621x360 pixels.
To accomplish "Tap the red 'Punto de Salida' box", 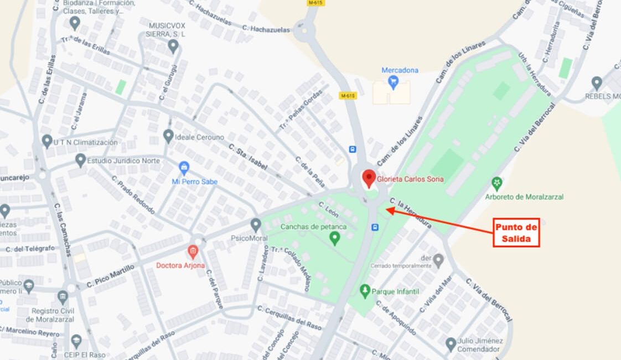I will click(516, 233).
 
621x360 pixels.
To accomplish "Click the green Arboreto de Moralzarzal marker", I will click(497, 183).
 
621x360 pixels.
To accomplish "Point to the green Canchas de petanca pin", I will click(334, 238).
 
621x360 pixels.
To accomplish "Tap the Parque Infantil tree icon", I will click(364, 290).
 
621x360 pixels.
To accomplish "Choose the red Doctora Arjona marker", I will click(193, 251).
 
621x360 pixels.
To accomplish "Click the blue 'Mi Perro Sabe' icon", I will click(184, 167).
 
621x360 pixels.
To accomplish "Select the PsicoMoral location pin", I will click(255, 225).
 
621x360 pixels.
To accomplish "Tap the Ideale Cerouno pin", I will click(168, 136).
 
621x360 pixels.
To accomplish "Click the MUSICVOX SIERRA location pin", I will click(173, 46).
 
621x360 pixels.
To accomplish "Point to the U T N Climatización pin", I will click(47, 141).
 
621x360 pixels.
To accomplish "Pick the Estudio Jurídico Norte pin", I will click(81, 160).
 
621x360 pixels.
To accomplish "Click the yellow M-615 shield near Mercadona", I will click(347, 96).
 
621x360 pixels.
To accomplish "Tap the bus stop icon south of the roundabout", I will click(375, 227).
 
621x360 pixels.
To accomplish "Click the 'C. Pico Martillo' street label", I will click(111, 277).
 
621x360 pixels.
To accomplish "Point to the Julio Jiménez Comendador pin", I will click(451, 344).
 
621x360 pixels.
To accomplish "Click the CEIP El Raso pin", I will click(76, 341).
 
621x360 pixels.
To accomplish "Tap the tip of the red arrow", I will click(386, 209).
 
